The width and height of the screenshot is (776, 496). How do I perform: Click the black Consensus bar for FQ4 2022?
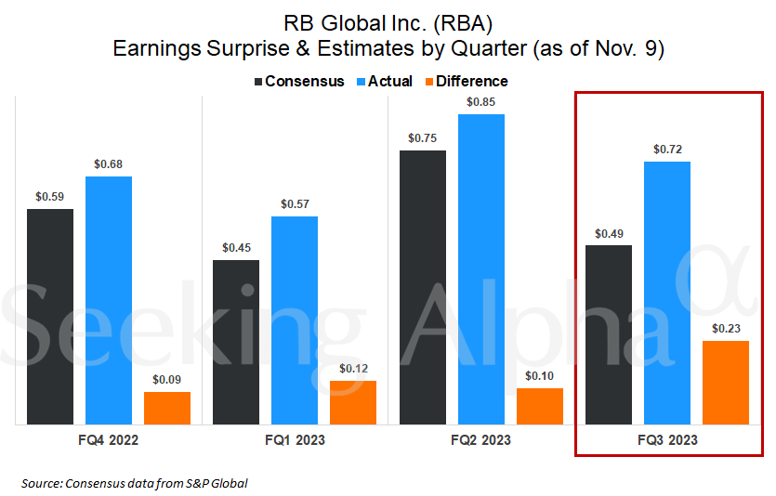50,317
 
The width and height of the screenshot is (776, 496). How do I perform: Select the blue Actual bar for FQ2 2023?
480,269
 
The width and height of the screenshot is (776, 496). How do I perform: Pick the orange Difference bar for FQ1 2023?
353,402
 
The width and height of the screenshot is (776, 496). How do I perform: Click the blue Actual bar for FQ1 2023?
295,320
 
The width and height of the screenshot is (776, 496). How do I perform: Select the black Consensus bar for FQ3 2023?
609,334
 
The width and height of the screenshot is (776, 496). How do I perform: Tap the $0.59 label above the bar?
50,197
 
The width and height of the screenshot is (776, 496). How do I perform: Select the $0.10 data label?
540,375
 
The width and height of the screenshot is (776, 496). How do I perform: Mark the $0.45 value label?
236,248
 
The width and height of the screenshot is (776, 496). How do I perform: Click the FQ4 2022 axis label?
108,440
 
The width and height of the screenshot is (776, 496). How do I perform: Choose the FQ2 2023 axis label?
480,440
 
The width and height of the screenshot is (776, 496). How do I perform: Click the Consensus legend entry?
298,82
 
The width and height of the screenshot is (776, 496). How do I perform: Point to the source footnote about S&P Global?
135,483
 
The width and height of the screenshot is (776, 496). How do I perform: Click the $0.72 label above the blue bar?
666,149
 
